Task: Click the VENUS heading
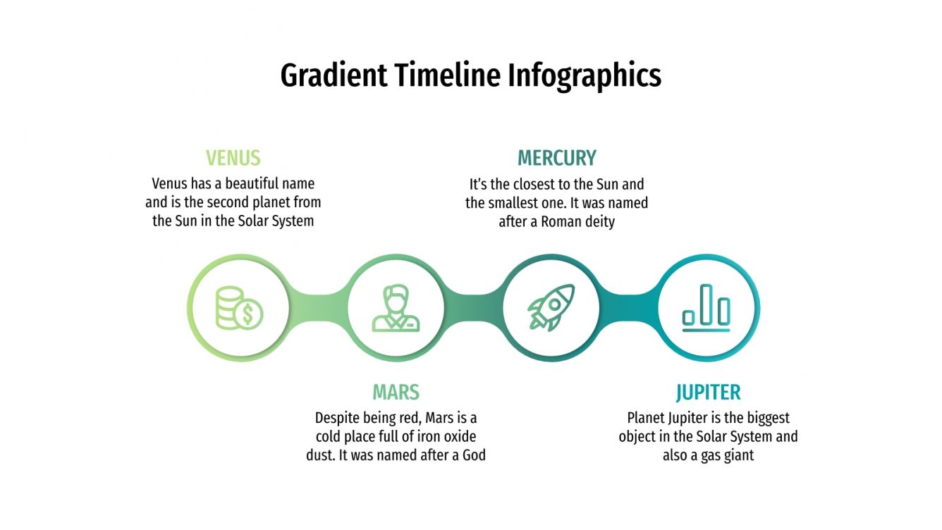[x=233, y=157]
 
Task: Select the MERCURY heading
[x=556, y=157]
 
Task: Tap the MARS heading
[x=396, y=392]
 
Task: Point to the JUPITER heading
[x=708, y=392]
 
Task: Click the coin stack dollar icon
[x=239, y=308]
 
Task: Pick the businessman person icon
[x=396, y=308]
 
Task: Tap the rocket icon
[x=551, y=308]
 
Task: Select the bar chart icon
[x=706, y=308]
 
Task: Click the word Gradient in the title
[x=334, y=75]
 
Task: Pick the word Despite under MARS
[x=338, y=418]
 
